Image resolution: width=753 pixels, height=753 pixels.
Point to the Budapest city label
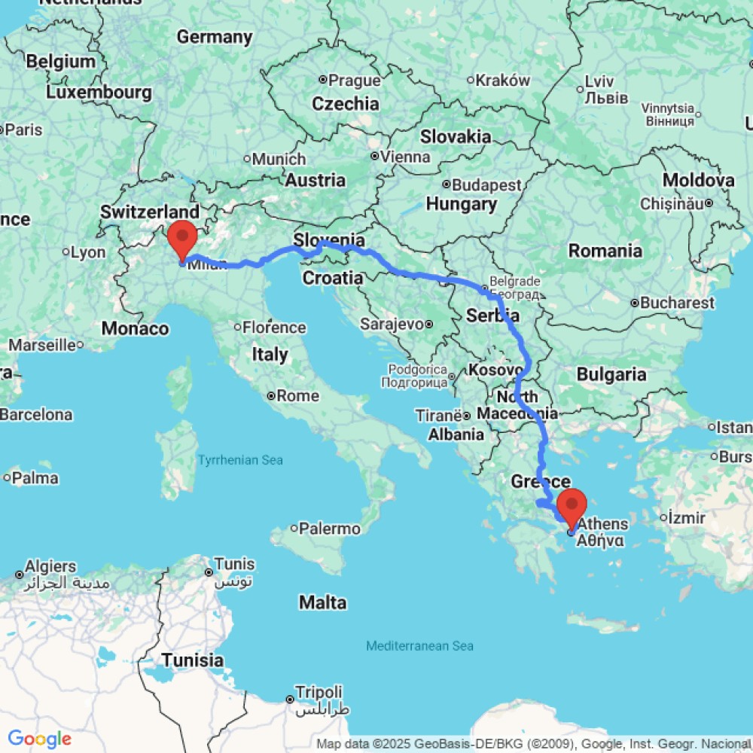(x=486, y=184)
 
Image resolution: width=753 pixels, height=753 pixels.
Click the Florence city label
(x=275, y=328)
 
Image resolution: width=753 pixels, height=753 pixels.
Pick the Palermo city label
(x=330, y=529)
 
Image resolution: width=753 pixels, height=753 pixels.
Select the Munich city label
(x=279, y=159)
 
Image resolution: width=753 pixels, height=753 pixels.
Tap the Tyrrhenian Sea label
(x=240, y=460)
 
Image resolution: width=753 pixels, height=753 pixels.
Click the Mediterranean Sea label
(x=419, y=646)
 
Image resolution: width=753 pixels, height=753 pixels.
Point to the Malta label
(x=323, y=602)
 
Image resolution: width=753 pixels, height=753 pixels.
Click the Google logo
(x=39, y=739)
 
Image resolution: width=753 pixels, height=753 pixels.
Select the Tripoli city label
(x=319, y=692)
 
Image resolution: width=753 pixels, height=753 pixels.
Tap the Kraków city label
(x=504, y=81)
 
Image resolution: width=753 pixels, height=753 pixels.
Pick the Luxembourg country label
(x=99, y=93)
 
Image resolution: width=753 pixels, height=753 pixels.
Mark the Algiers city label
(x=50, y=566)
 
